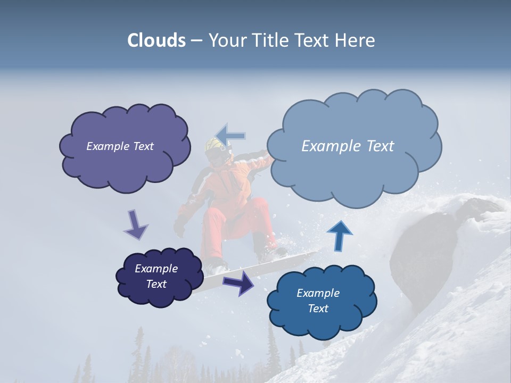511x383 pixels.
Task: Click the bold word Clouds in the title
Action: pyautogui.click(x=156, y=40)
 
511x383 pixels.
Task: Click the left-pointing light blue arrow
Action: pyautogui.click(x=230, y=135)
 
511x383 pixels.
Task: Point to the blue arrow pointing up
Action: pyautogui.click(x=339, y=236)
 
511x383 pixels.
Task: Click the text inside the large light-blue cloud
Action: pyautogui.click(x=348, y=146)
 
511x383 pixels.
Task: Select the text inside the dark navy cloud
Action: pyautogui.click(x=156, y=276)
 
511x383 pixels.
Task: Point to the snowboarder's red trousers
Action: pyautogui.click(x=234, y=223)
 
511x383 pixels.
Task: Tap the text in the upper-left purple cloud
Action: pyautogui.click(x=120, y=146)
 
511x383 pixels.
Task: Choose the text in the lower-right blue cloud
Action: pyautogui.click(x=318, y=301)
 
